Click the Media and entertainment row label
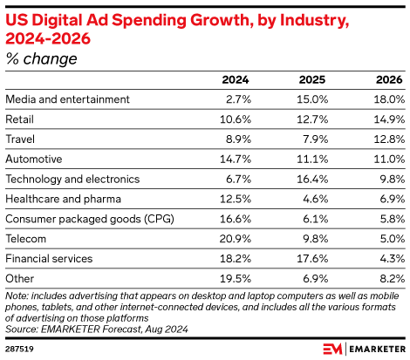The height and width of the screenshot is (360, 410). pyautogui.click(x=67, y=99)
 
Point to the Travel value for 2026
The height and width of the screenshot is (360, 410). pyautogui.click(x=386, y=139)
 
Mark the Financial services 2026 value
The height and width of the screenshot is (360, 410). pyautogui.click(x=388, y=257)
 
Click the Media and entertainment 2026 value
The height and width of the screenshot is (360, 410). pyautogui.click(x=386, y=99)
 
